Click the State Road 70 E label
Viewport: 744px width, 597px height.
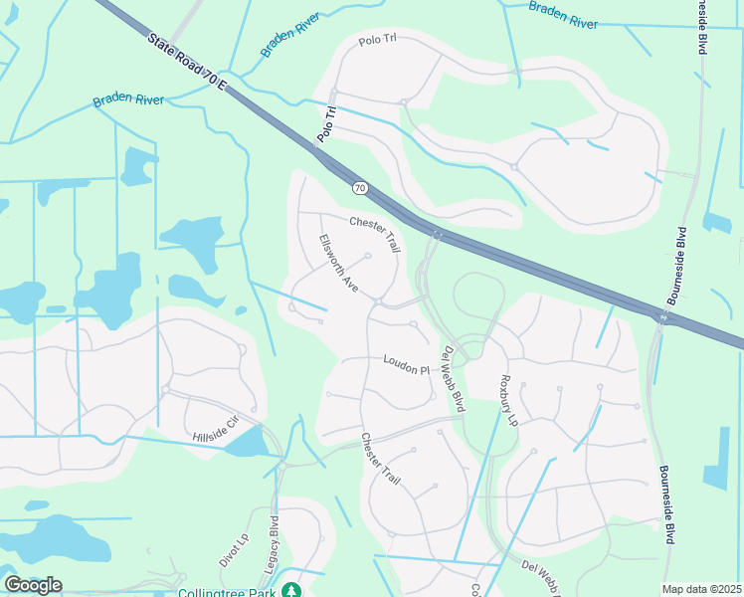coord(188,65)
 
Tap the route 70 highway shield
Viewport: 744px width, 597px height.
coord(360,187)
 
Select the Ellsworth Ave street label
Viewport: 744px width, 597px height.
coord(338,262)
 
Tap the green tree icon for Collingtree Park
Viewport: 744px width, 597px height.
coord(290,590)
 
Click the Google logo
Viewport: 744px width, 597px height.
coord(32,585)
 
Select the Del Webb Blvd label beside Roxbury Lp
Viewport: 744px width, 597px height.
coord(453,379)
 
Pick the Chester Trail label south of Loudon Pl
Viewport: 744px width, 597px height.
coord(380,459)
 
